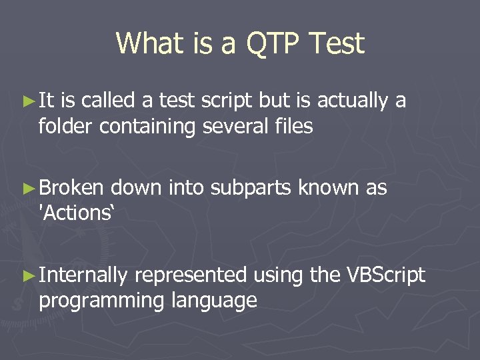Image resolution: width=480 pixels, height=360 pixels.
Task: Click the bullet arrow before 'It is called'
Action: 27,101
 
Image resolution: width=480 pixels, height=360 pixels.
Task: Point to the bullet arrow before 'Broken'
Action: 27,189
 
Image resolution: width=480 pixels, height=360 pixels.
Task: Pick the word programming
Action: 102,301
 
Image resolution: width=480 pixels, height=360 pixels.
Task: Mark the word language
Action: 214,301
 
